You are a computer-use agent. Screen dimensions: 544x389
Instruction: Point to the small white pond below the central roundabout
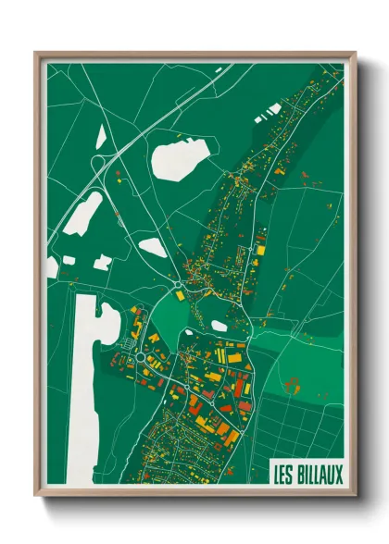point(220,326)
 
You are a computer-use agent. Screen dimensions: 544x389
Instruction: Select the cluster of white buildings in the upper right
point(272,110)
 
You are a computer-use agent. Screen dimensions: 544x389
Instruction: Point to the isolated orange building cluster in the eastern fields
point(295,379)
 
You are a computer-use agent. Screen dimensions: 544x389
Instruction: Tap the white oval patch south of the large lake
point(153,247)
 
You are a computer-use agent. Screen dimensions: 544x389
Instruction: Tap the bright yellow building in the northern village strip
point(260,247)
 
